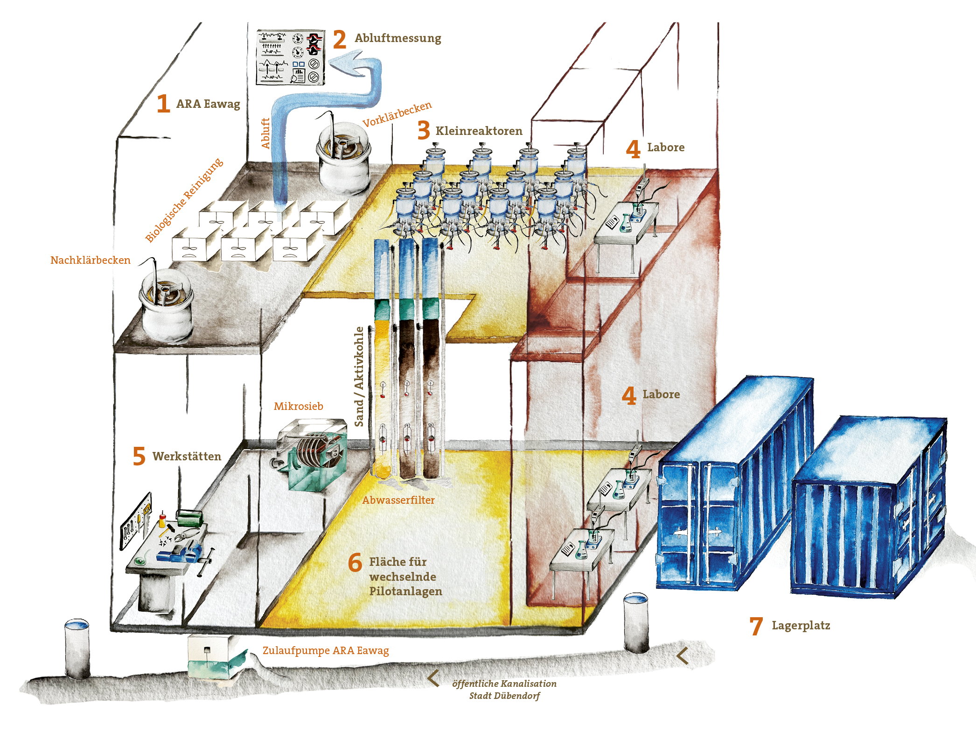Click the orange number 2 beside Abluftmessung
[x=340, y=39]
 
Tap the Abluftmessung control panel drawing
[x=291, y=57]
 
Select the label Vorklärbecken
[x=397, y=114]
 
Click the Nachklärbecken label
[x=91, y=260]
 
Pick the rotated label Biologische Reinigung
[x=184, y=200]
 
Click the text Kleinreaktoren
[x=479, y=131]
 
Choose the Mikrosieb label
[x=299, y=406]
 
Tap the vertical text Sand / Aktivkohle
[x=359, y=376]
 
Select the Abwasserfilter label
[x=398, y=500]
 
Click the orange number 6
[x=355, y=562]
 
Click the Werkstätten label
[x=187, y=456]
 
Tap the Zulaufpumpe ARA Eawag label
[x=326, y=650]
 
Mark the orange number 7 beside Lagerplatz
[x=756, y=626]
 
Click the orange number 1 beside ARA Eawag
[x=163, y=103]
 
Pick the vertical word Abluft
[x=265, y=134]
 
